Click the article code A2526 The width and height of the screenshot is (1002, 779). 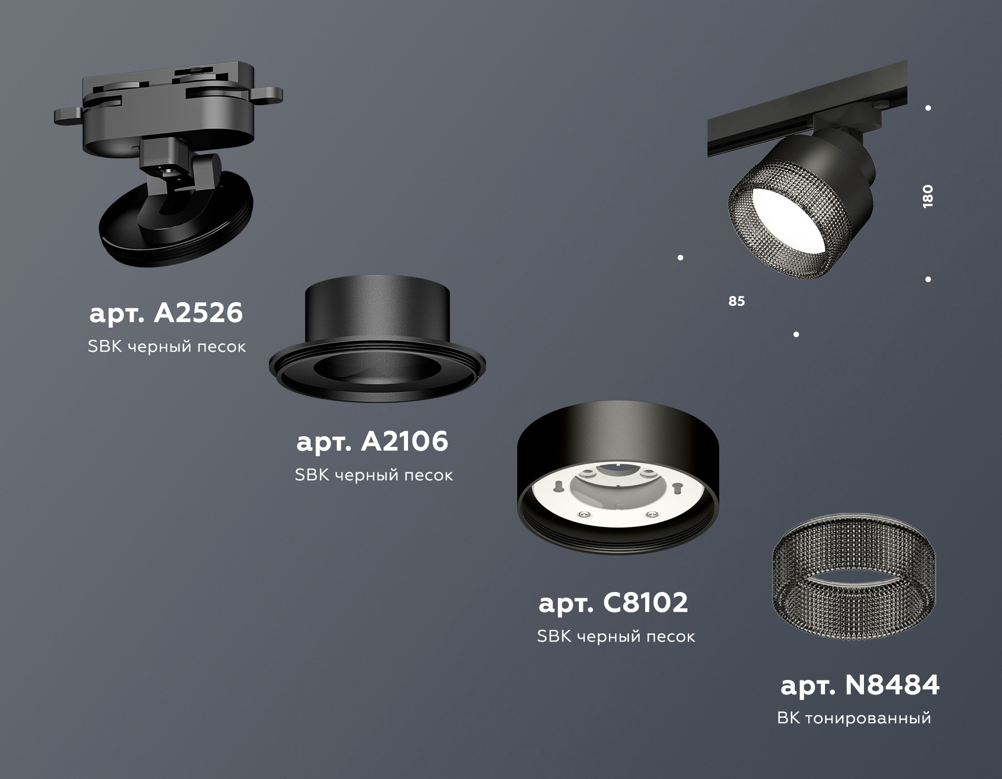pyautogui.click(x=166, y=313)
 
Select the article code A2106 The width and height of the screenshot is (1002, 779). pyautogui.click(x=372, y=442)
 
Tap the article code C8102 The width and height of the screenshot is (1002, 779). pyautogui.click(x=613, y=603)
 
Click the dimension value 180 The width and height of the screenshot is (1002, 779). pyautogui.click(x=927, y=196)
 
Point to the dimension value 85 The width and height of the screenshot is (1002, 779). pyautogui.click(x=736, y=301)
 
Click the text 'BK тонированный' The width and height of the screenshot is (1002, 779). pyautogui.click(x=854, y=718)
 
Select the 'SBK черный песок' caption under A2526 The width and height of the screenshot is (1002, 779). pyautogui.click(x=166, y=347)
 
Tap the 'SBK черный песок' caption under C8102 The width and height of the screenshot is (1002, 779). pyautogui.click(x=616, y=636)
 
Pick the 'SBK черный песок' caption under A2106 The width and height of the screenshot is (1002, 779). pyautogui.click(x=374, y=475)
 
